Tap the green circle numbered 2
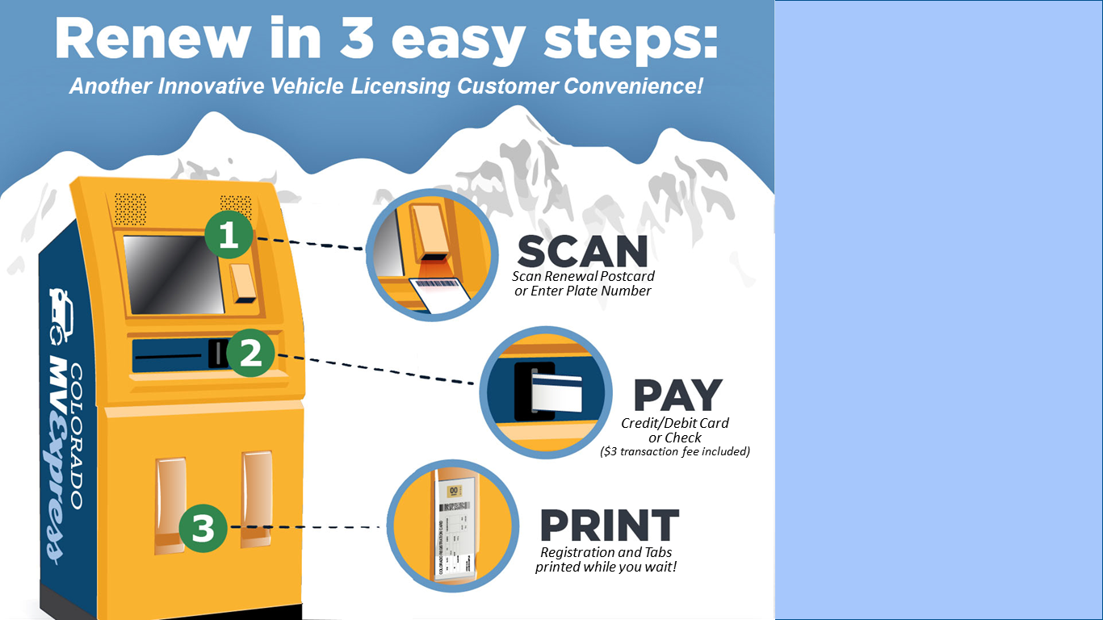[251, 354]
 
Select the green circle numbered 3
[203, 529]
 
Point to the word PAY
[677, 396]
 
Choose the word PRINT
[610, 526]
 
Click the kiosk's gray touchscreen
[173, 274]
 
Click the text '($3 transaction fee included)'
[675, 451]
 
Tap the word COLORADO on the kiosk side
[76, 436]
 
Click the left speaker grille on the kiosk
[130, 209]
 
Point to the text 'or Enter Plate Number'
[582, 291]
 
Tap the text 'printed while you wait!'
[606, 567]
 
